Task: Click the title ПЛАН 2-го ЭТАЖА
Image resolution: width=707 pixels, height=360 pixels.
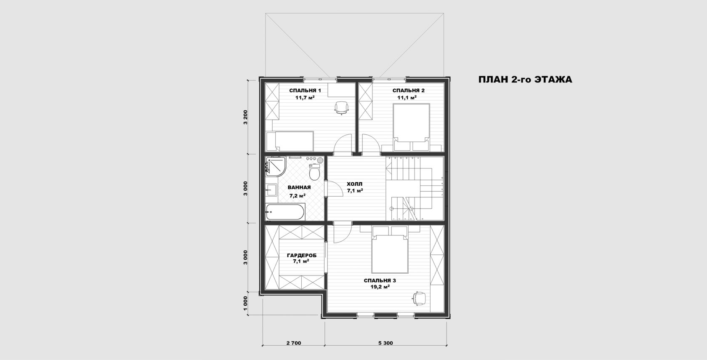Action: pos(525,80)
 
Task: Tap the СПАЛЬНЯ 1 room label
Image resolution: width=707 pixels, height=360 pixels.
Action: pos(305,91)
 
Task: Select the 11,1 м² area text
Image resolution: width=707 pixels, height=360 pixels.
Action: pos(407,98)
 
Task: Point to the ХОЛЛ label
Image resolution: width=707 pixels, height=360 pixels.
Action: pos(355,184)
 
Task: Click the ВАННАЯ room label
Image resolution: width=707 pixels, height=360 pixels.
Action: pos(299,187)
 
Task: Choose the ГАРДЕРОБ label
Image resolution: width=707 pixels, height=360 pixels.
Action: pos(302,256)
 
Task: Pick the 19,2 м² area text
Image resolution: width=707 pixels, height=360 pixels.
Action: pos(380,287)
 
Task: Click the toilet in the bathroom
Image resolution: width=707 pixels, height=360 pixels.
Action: pos(314,172)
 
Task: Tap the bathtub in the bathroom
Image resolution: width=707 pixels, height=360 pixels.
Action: pos(285,212)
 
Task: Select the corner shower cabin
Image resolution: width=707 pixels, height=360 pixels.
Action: pos(275,166)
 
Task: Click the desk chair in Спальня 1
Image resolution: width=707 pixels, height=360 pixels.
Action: pos(342,108)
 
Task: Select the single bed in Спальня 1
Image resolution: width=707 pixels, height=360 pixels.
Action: pos(290,141)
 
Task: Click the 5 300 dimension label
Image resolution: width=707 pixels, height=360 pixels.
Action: pos(385,343)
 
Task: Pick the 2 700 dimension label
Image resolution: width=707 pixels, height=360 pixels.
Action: pos(294,343)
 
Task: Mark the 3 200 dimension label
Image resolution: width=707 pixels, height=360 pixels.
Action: pos(246,117)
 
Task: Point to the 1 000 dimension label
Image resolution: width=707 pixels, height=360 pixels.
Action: pos(246,304)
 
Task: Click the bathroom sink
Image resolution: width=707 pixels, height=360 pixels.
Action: pos(271,190)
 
